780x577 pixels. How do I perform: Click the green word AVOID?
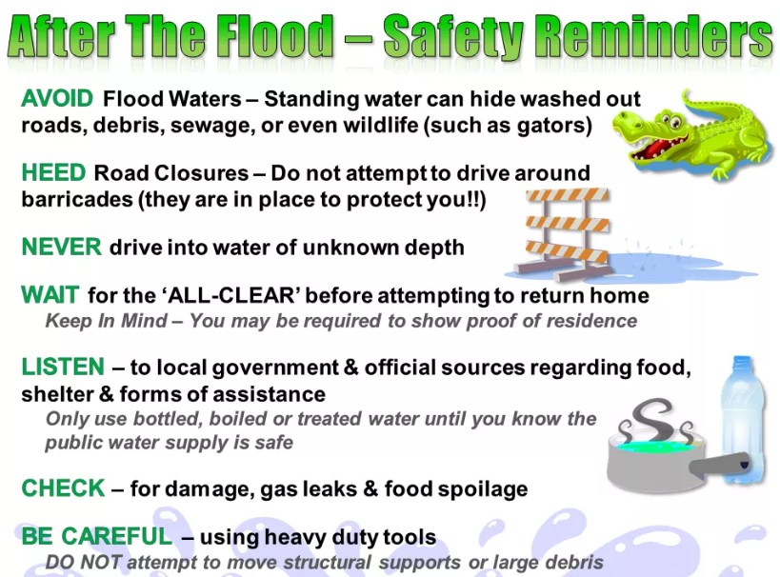click(x=57, y=98)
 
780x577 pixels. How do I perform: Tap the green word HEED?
click(x=53, y=172)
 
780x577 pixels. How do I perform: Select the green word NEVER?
click(x=61, y=247)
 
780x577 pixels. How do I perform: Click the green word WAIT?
click(x=50, y=295)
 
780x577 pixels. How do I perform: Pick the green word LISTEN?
click(x=63, y=367)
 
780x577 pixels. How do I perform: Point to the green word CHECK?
click(x=63, y=488)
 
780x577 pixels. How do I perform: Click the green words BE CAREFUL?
click(x=97, y=536)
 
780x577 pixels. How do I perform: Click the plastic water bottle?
click(x=739, y=419)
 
